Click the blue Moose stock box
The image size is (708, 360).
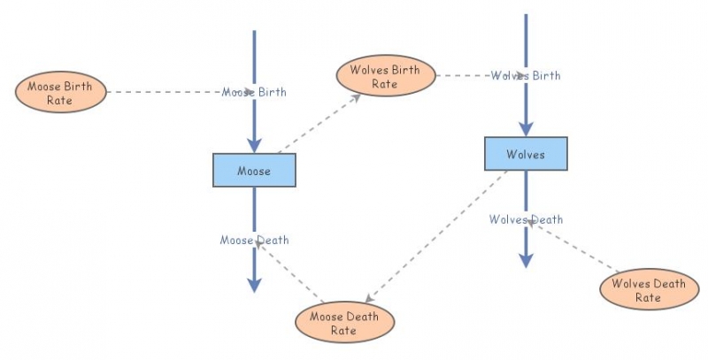(254, 169)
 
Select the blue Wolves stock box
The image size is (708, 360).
(526, 154)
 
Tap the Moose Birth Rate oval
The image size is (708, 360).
(60, 92)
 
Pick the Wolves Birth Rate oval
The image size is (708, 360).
(385, 75)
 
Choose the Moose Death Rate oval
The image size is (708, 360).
(343, 322)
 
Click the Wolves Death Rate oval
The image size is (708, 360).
(648, 290)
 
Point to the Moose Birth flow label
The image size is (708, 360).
(254, 92)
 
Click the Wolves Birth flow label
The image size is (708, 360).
(526, 75)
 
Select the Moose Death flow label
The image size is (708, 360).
(254, 240)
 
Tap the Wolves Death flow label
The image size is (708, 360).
(526, 219)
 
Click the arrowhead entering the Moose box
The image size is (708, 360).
(254, 144)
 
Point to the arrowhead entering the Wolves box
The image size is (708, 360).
(526, 128)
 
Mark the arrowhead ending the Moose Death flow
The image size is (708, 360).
(254, 283)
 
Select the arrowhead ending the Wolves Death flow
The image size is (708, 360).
(526, 258)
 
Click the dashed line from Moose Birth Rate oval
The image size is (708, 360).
(164, 92)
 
